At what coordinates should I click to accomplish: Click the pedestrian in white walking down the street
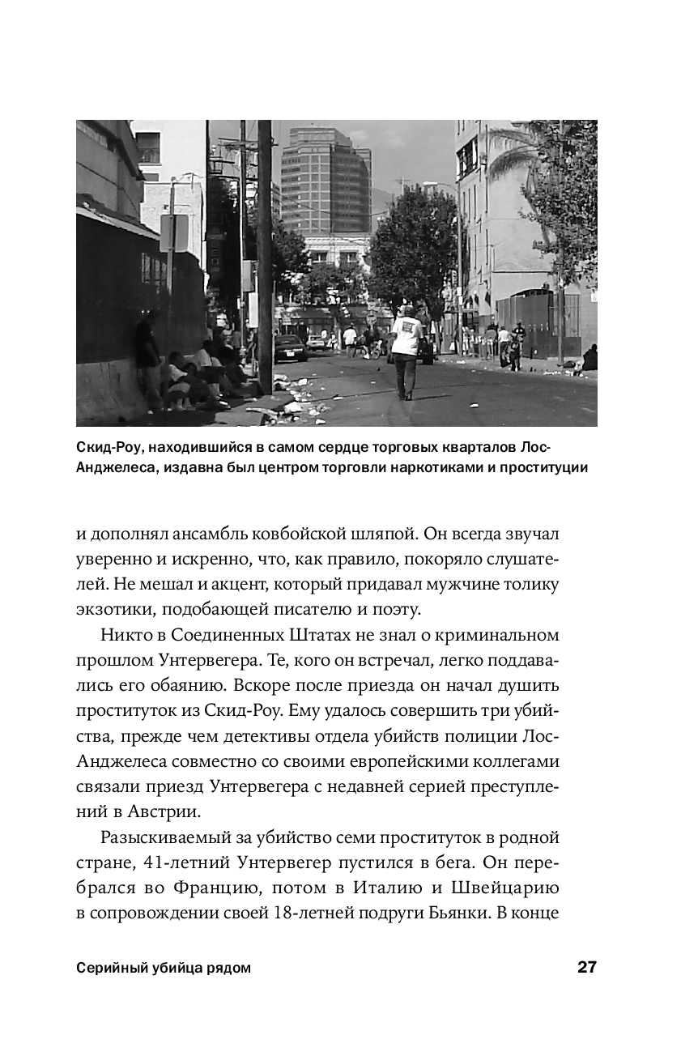click(405, 349)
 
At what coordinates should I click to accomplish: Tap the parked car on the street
click(291, 348)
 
